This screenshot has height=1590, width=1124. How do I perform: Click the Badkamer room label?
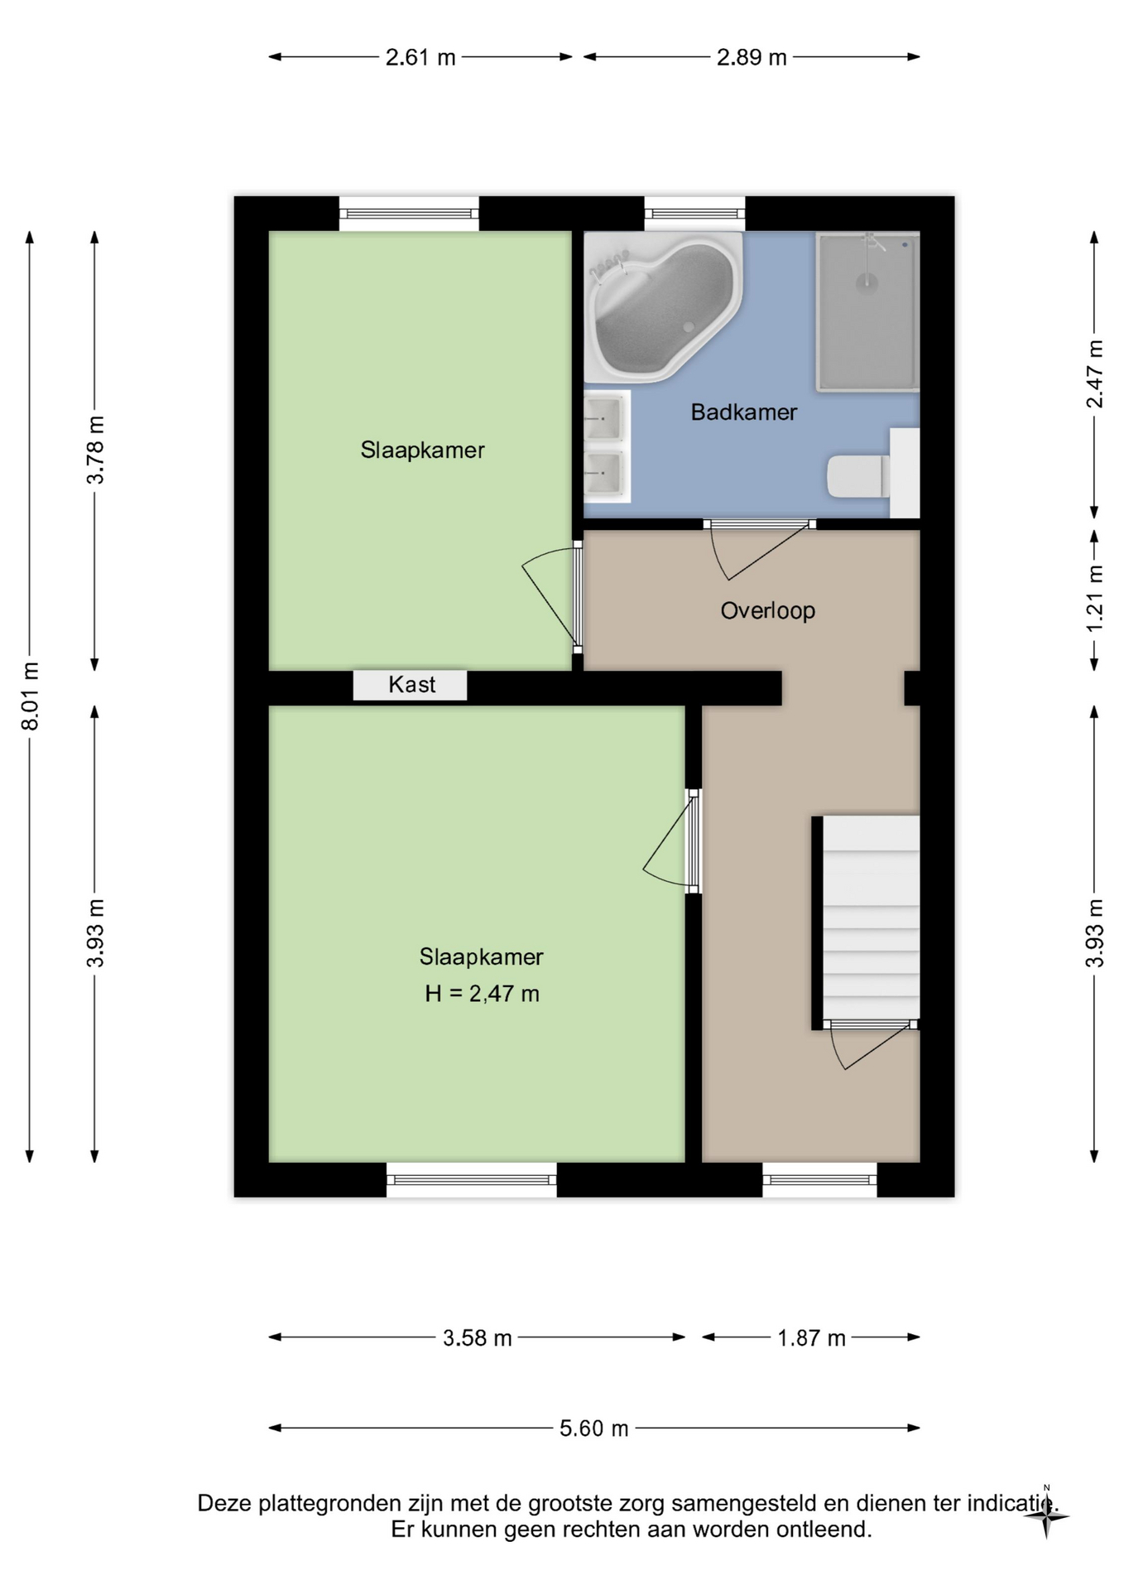(x=743, y=412)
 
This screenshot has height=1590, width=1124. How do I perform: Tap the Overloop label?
(x=768, y=611)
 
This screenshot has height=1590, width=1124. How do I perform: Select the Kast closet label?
(x=411, y=685)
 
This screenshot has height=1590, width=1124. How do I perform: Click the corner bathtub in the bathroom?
(x=663, y=307)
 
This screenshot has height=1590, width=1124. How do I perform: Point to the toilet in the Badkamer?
(x=858, y=476)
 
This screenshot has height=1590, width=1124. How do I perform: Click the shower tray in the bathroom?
(x=867, y=311)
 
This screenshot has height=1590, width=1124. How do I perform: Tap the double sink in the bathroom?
(x=607, y=446)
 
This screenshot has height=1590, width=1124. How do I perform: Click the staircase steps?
(x=871, y=917)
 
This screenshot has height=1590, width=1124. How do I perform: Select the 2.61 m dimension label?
(x=420, y=58)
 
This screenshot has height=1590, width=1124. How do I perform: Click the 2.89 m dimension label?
(x=752, y=58)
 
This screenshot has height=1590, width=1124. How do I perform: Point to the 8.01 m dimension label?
(x=30, y=696)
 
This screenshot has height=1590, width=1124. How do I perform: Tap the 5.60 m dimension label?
(x=594, y=1429)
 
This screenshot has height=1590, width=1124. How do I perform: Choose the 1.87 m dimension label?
(x=811, y=1338)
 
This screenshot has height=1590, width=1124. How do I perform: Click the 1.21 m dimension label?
(x=1095, y=598)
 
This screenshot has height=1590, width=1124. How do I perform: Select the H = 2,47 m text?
(x=482, y=994)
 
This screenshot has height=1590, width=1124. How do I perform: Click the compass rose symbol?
(x=1046, y=1516)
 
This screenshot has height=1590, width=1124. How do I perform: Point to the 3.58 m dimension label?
(x=478, y=1338)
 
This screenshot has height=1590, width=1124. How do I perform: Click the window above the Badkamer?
(x=694, y=214)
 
